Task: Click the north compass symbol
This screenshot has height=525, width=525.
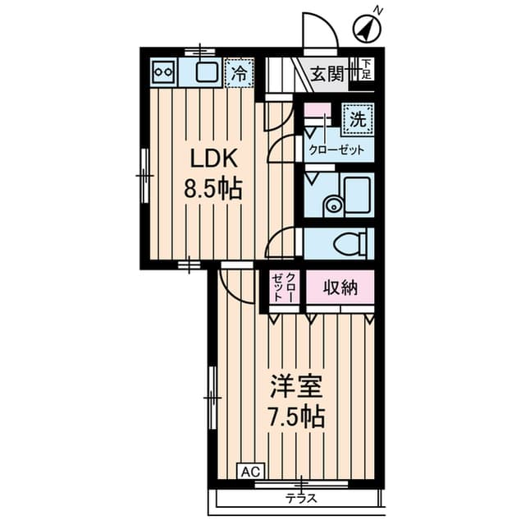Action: pos(367,29)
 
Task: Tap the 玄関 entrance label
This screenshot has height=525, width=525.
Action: pos(327,74)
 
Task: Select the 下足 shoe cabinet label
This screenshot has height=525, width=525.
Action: pos(367,68)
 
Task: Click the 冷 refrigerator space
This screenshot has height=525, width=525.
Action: pos(239,73)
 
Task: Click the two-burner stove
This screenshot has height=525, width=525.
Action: pos(163,72)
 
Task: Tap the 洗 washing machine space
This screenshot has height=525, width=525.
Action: pos(358,119)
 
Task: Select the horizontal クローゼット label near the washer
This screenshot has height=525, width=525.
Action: pos(336,150)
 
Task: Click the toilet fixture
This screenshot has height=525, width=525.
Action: pos(350,243)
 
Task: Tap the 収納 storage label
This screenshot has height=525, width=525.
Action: pos(340,288)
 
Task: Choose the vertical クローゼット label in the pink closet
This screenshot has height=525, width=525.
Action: pos(283,288)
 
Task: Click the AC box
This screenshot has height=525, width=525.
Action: pos(251,472)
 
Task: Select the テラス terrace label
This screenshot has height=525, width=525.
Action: pos(301,499)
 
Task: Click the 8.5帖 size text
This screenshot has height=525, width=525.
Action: pos(213,189)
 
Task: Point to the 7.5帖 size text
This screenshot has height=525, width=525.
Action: pos(297,417)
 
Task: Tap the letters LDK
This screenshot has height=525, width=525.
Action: pos(213,158)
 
